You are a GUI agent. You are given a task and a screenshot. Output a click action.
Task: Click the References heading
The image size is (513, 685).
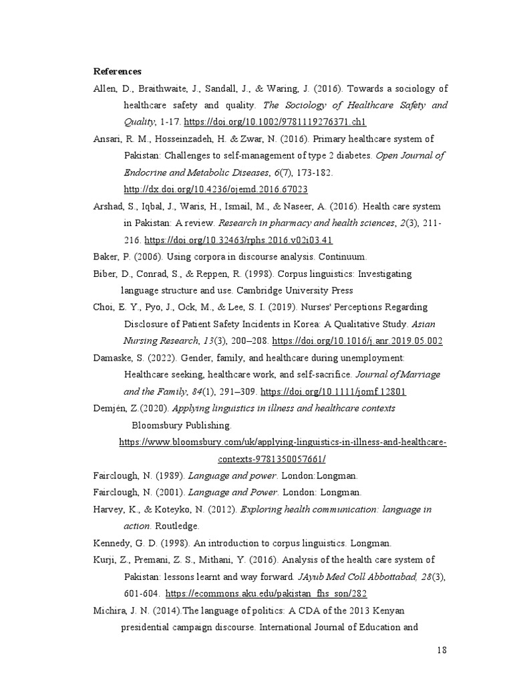117,71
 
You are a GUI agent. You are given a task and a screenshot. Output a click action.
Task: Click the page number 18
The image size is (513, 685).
442,650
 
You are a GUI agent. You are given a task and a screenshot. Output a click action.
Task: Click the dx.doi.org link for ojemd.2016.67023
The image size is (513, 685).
216,189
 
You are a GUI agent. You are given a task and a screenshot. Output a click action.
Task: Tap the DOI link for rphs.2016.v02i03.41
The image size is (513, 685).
238,239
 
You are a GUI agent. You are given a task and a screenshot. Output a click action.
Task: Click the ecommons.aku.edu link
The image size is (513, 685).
267,593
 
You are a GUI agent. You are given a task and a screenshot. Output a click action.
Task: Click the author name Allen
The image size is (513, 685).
104,88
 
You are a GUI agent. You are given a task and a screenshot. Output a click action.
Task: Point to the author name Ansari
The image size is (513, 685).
106,138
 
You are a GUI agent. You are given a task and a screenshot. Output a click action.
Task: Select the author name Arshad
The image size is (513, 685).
108,206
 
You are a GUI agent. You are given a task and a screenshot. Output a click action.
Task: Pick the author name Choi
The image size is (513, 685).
104,307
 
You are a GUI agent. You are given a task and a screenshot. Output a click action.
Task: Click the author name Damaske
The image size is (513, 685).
113,358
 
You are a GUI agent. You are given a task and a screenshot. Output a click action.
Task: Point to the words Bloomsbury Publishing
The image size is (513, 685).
182,425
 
